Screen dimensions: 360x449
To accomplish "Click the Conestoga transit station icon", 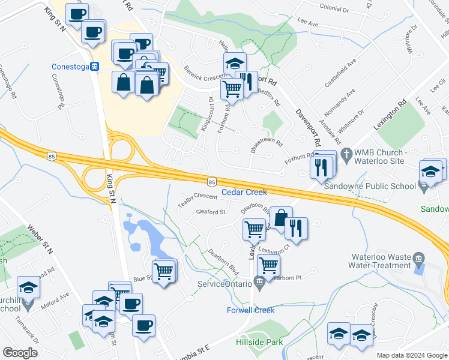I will [x=95, y=67].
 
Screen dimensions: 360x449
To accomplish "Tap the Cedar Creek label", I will [x=244, y=192].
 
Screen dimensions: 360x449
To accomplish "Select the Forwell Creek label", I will [x=250, y=310].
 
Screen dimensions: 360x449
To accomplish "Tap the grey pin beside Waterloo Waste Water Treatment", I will [x=419, y=259].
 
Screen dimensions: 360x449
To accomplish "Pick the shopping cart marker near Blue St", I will [x=164, y=272].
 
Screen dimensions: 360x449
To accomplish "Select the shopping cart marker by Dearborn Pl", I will [x=268, y=265].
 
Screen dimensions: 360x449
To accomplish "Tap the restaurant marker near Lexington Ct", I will [x=296, y=228].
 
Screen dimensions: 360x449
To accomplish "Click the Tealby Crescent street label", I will [x=197, y=200].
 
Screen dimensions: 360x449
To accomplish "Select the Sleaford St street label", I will [x=211, y=211].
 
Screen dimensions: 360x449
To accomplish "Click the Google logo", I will [x=20, y=353].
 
